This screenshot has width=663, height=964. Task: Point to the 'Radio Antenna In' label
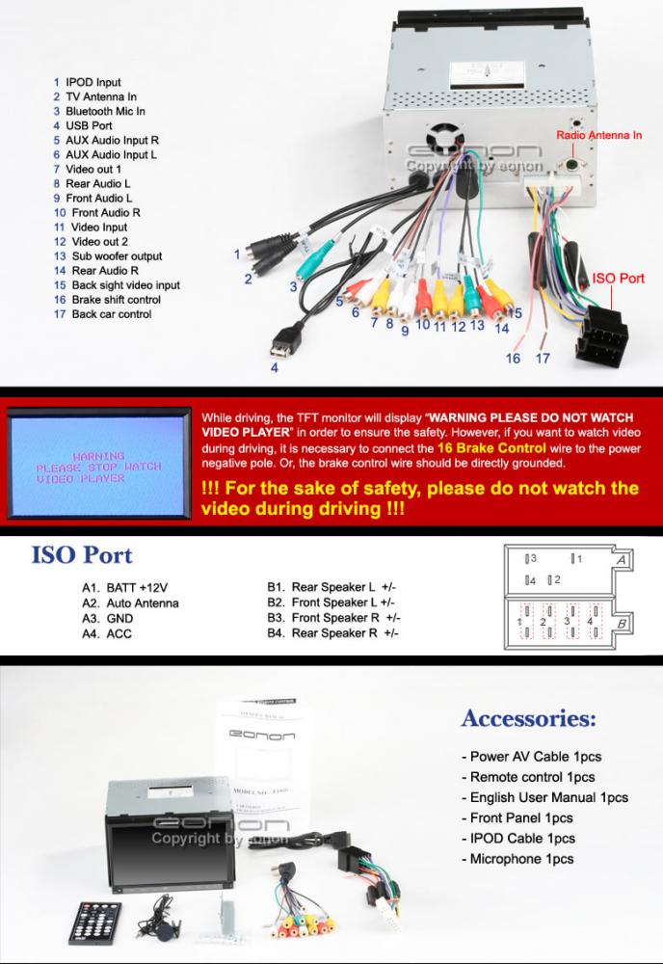(599, 136)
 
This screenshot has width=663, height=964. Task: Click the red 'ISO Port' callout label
(618, 278)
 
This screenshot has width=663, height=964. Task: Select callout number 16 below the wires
(514, 359)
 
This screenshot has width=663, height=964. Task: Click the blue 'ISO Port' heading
(82, 555)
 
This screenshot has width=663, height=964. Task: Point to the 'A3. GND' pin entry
(108, 618)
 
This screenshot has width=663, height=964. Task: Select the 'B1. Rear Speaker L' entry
(331, 586)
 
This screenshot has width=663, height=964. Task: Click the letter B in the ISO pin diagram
(623, 625)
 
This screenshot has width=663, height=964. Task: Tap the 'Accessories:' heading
(528, 718)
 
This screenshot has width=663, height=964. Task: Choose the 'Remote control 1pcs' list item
(531, 777)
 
